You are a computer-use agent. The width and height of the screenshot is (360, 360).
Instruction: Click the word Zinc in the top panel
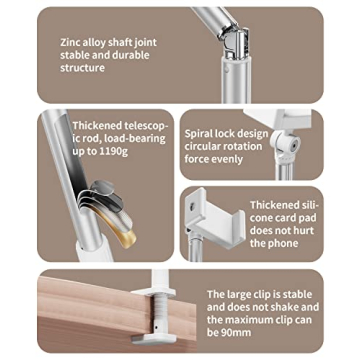(x=69, y=43)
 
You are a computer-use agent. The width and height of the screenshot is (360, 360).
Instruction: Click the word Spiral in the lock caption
(x=197, y=134)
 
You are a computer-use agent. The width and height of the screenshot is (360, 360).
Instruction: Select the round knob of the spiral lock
(x=292, y=144)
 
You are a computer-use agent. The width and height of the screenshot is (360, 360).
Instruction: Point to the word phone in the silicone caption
(x=283, y=243)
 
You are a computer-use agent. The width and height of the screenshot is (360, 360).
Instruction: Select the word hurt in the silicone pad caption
(x=304, y=230)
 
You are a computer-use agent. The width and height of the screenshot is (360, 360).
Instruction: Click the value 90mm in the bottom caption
(x=236, y=333)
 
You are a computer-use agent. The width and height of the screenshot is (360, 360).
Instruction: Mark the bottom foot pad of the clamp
(x=153, y=339)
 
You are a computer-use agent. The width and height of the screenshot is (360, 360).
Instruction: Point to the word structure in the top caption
(x=82, y=68)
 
